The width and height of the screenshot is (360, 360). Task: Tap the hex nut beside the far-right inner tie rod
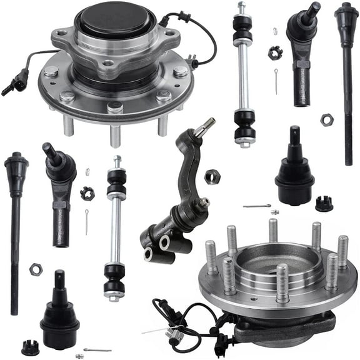point(326,119)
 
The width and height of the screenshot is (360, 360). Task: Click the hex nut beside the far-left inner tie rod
point(36,269)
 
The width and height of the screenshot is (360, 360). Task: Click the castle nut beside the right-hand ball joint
point(323,203)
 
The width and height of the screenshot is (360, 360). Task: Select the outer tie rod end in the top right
point(303,50)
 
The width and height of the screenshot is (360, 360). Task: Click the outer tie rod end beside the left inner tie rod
point(60,194)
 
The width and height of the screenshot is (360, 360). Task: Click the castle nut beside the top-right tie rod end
point(275,52)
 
